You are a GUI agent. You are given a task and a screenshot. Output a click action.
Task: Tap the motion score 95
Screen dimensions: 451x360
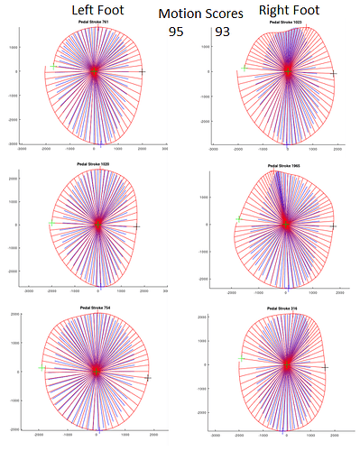178,32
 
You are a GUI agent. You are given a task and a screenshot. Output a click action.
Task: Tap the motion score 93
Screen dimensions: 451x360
223,32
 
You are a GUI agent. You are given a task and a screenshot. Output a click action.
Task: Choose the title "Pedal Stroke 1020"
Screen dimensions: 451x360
98,164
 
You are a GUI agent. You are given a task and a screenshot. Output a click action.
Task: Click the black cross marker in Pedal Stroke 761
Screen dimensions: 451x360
142,71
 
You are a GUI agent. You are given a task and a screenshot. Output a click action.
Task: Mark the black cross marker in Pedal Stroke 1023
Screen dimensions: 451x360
333,74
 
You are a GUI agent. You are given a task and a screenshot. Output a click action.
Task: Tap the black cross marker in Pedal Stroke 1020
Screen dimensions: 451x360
137,226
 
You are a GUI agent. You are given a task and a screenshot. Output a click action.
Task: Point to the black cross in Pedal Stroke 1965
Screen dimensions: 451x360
334,225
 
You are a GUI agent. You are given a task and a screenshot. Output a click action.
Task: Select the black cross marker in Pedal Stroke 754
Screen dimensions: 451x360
147,378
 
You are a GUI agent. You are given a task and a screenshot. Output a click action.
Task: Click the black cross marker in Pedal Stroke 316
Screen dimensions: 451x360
325,367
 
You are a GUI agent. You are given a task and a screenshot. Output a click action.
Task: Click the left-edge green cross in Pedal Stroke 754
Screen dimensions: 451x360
42,367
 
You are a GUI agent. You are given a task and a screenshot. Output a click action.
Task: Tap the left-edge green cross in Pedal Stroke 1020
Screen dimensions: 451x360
51,225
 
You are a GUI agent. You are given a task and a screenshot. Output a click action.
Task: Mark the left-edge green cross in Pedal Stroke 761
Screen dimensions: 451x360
53,66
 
